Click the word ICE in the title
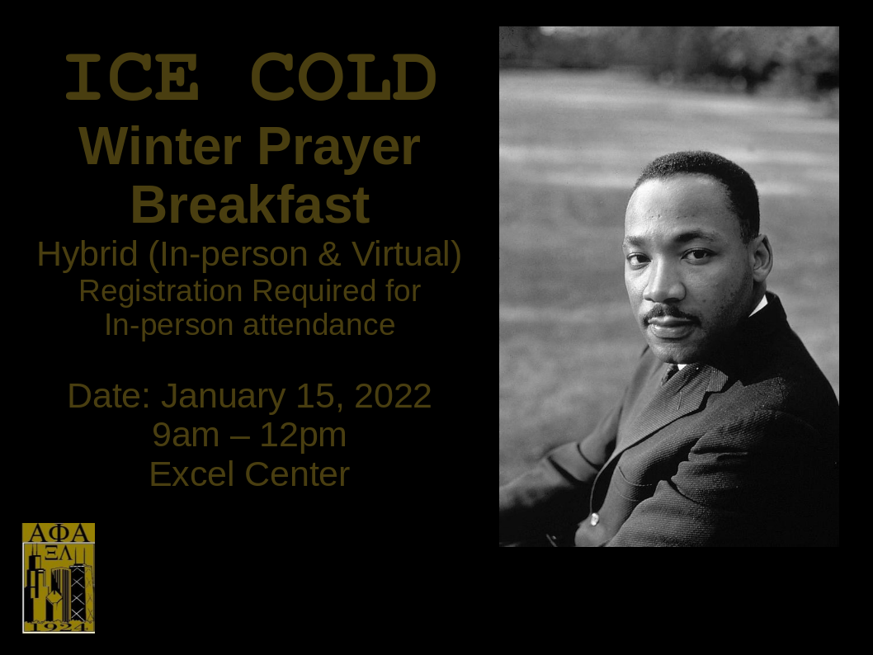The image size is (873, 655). click(132, 77)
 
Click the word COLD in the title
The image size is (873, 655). click(343, 77)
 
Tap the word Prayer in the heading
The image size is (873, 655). click(338, 148)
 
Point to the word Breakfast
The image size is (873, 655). click(250, 204)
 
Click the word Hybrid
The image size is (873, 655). click(87, 254)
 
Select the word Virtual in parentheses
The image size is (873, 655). click(403, 253)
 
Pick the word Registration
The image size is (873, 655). click(161, 292)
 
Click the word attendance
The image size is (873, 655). click(319, 324)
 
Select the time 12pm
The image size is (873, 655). click(304, 436)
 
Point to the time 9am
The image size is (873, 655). click(186, 435)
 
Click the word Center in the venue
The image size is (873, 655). click(297, 474)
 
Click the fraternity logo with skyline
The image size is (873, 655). click(59, 577)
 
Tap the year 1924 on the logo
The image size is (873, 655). click(59, 627)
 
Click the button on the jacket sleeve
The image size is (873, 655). click(595, 520)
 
